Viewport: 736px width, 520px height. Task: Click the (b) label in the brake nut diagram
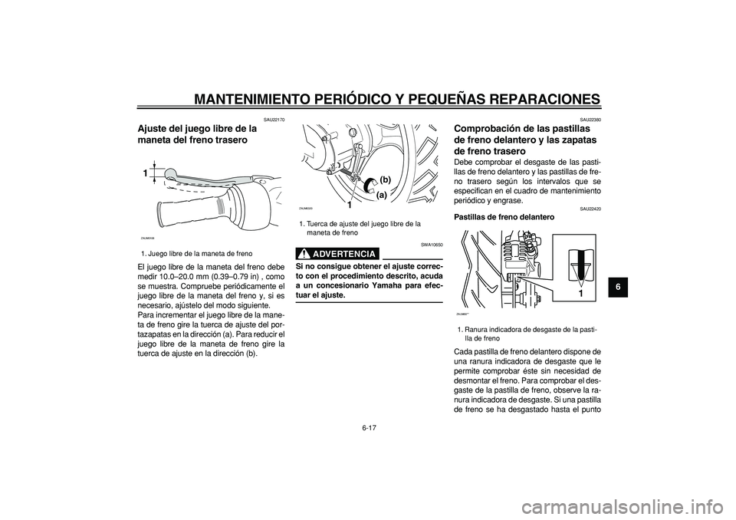[385, 179]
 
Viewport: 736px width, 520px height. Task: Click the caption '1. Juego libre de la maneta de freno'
[196, 252]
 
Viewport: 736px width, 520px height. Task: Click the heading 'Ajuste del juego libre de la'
[195, 128]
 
